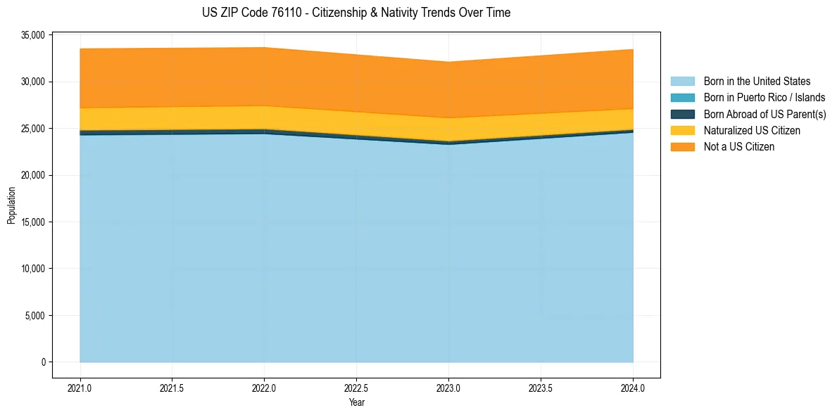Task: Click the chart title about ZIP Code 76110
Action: [355, 13]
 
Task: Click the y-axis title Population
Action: [11, 205]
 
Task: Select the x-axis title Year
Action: [356, 403]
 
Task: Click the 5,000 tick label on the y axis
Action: [34, 315]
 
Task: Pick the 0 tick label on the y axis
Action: [43, 362]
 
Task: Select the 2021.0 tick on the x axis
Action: [80, 387]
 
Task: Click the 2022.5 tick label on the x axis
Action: [356, 387]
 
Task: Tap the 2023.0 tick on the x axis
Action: [448, 387]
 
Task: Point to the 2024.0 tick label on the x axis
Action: [633, 387]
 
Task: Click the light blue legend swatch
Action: [682, 82]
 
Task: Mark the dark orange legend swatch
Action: [682, 147]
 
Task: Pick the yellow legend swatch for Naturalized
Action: [682, 131]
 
